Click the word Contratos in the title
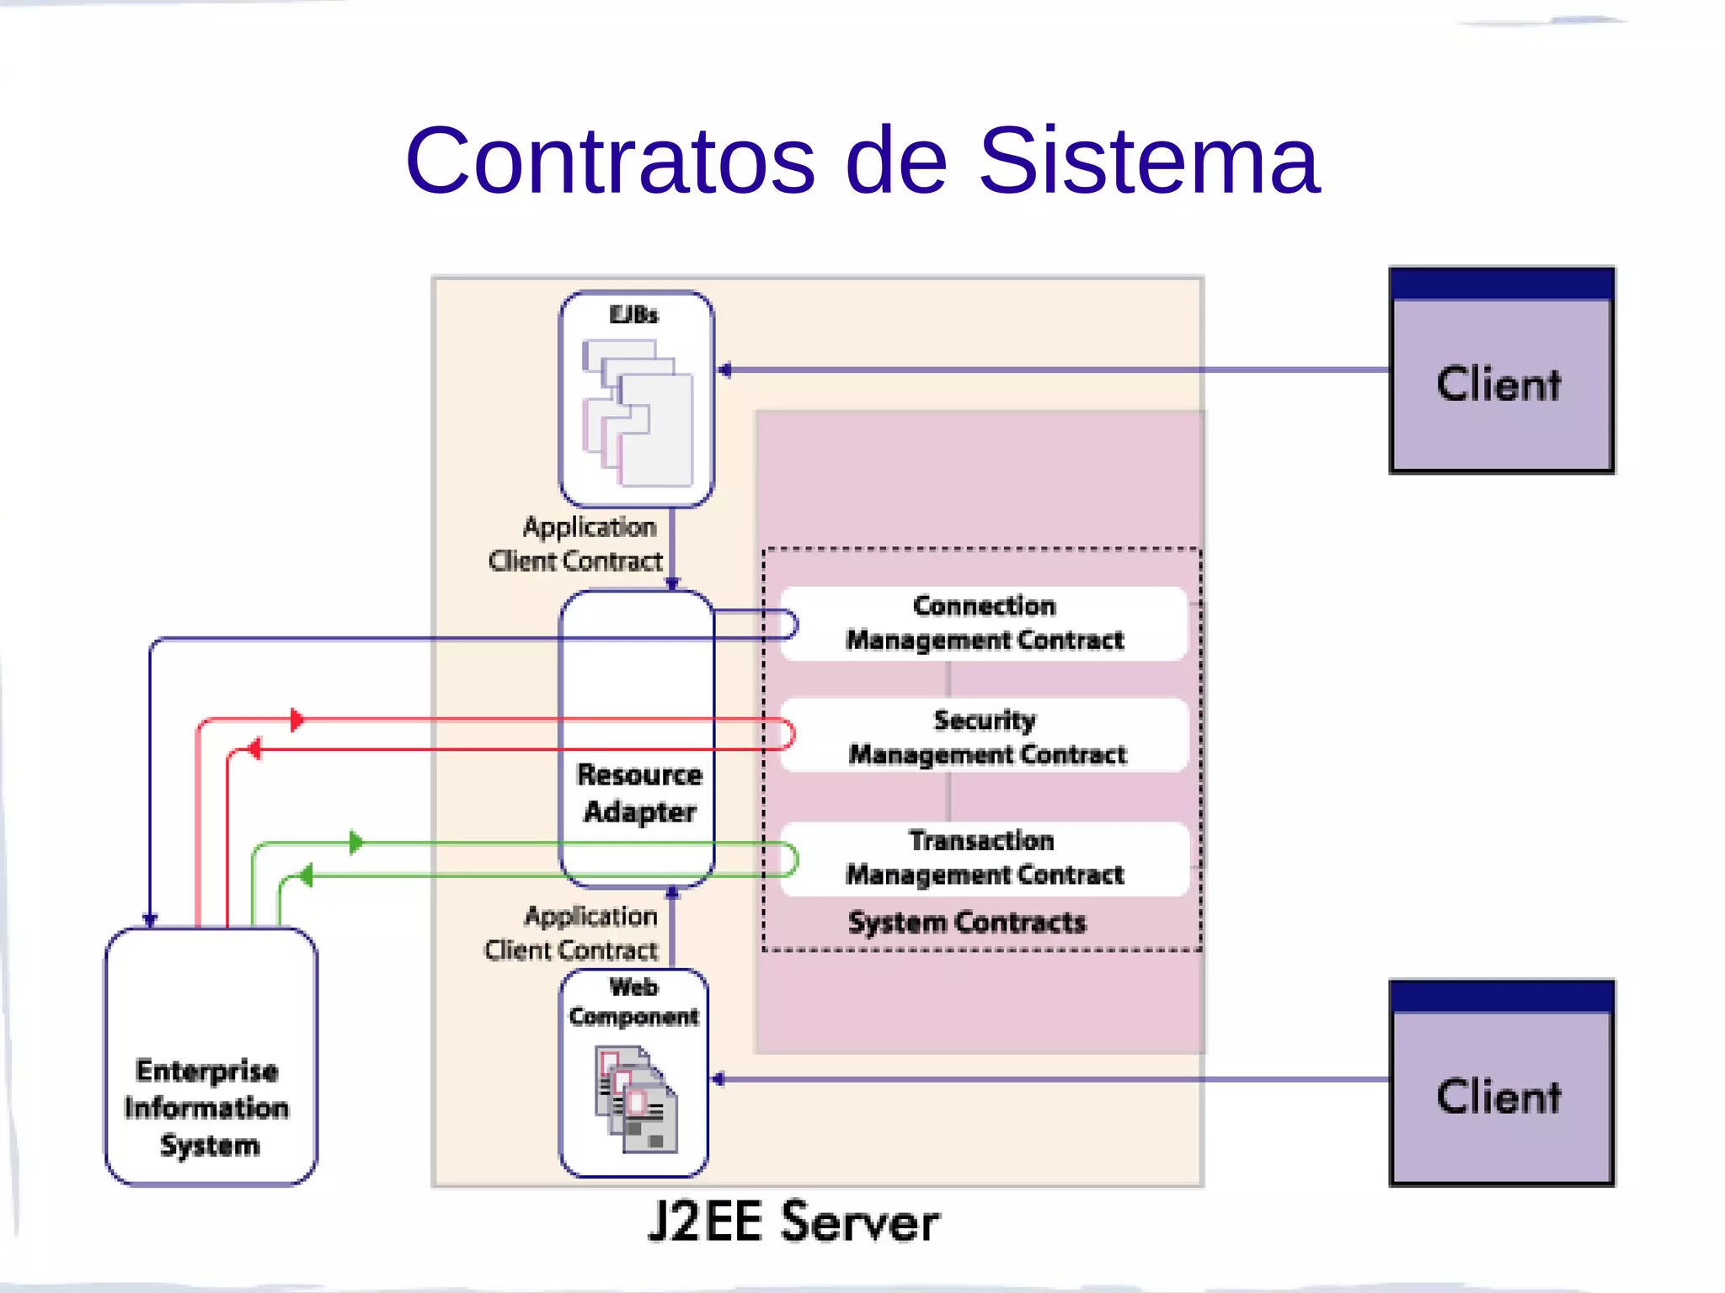pyautogui.click(x=611, y=160)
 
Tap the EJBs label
pyautogui.click(x=634, y=315)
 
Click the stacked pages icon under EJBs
pyautogui.click(x=638, y=412)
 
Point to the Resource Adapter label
pyautogui.click(x=639, y=793)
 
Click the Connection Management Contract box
pyautogui.click(x=984, y=623)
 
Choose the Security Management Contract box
pyautogui.click(x=985, y=737)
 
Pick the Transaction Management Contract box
pyautogui.click(x=984, y=858)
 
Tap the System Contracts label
pyautogui.click(x=967, y=923)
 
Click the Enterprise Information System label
pyautogui.click(x=207, y=1108)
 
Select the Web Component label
pyautogui.click(x=633, y=1002)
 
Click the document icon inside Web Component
pyautogui.click(x=636, y=1099)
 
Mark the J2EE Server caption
pyautogui.click(x=793, y=1222)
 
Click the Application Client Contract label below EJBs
pyautogui.click(x=581, y=544)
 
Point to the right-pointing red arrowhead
pyautogui.click(x=296, y=720)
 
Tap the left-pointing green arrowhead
pyautogui.click(x=305, y=875)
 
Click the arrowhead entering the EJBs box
pyautogui.click(x=724, y=370)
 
